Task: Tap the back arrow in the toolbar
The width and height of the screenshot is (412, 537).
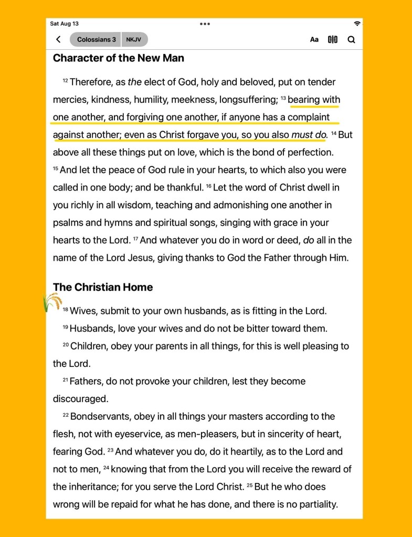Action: tap(58, 39)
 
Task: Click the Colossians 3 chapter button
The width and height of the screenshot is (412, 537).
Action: tap(96, 39)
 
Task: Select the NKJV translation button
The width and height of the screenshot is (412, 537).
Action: tap(134, 39)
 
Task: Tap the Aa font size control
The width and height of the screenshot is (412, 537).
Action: tap(314, 39)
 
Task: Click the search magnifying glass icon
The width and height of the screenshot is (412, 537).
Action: tap(351, 39)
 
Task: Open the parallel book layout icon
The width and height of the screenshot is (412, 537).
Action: tap(333, 39)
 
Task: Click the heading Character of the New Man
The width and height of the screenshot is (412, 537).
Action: tap(119, 58)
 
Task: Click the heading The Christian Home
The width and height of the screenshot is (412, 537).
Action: tap(103, 287)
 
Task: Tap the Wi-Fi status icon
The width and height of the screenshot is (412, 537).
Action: tap(357, 24)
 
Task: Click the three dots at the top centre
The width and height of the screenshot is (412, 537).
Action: tap(205, 24)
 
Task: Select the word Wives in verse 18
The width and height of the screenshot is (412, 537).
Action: tap(83, 311)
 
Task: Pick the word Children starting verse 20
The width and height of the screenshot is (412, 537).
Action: tap(89, 346)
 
